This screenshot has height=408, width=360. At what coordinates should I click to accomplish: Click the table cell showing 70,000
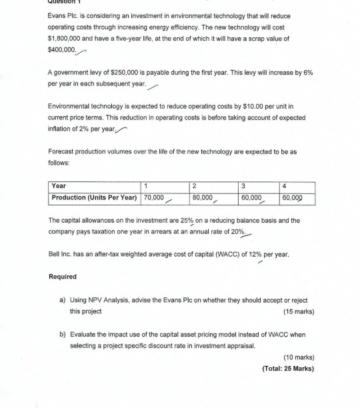coord(154,198)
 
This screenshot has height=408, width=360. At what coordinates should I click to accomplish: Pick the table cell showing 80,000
coord(203,198)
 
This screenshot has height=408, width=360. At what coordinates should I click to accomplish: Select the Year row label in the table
coord(59,186)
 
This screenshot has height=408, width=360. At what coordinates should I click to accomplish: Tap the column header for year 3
coord(244,186)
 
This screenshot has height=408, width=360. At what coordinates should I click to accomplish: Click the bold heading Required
coord(63,276)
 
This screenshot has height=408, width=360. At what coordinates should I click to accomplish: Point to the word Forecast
coord(63,152)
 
